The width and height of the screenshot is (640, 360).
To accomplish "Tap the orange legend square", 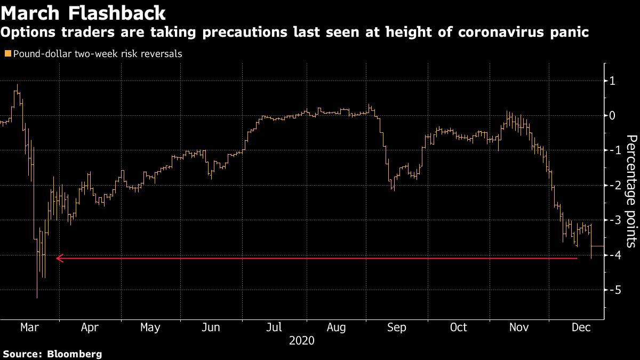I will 7,54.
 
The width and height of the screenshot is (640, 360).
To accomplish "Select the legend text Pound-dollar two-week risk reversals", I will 98,54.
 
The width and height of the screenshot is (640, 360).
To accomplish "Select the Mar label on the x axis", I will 29,327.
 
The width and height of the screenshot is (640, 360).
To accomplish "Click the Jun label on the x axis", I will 211,327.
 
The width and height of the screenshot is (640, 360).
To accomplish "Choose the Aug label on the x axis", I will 337,327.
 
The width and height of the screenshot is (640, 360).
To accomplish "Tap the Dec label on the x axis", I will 581,327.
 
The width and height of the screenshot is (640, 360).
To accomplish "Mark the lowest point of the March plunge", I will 37,297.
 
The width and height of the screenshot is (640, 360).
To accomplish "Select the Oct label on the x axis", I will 458,327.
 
